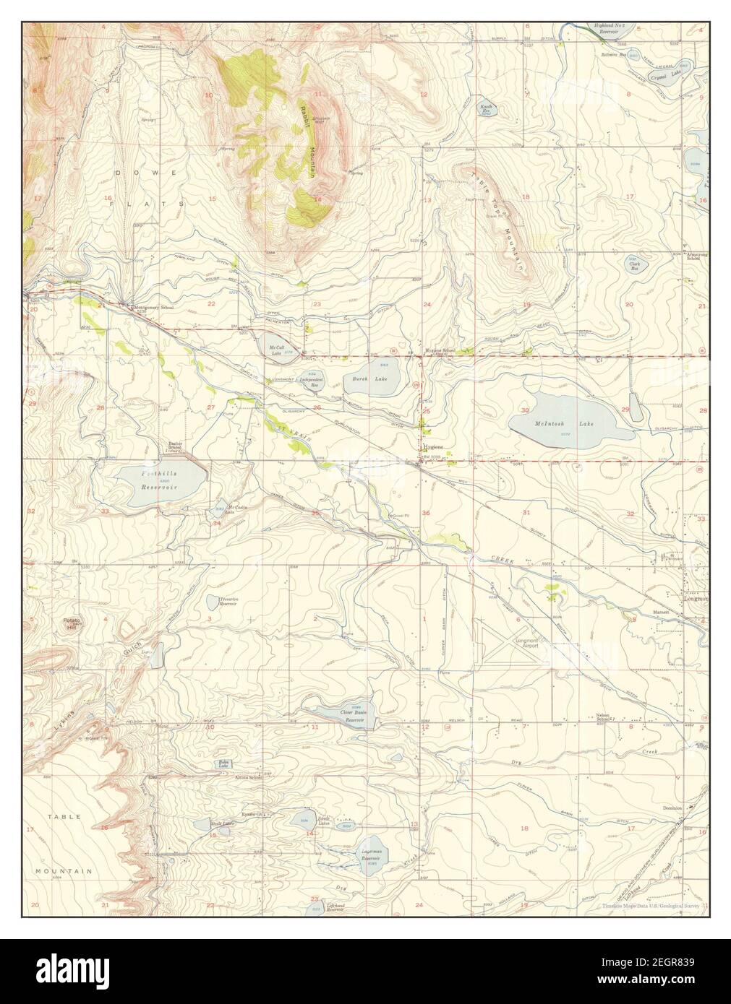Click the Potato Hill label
click(71, 624)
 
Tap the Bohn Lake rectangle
click(223, 763)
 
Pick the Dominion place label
click(671, 808)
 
